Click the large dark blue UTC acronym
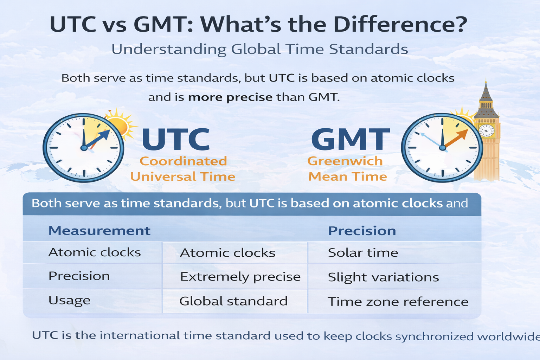coord(176,140)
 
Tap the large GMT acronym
coord(351,140)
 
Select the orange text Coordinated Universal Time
coord(183,169)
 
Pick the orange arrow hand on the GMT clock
coord(457,138)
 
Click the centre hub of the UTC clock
coord(84,148)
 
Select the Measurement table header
coord(99,231)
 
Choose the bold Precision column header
coord(362,231)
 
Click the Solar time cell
coord(363,253)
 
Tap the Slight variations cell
coord(383,277)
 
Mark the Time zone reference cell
coord(398,302)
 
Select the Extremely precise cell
coord(240,277)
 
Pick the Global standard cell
coord(233,301)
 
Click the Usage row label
coord(69,300)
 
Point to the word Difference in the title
coord(400,25)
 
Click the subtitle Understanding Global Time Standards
coord(259,49)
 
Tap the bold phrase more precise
coord(230,97)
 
